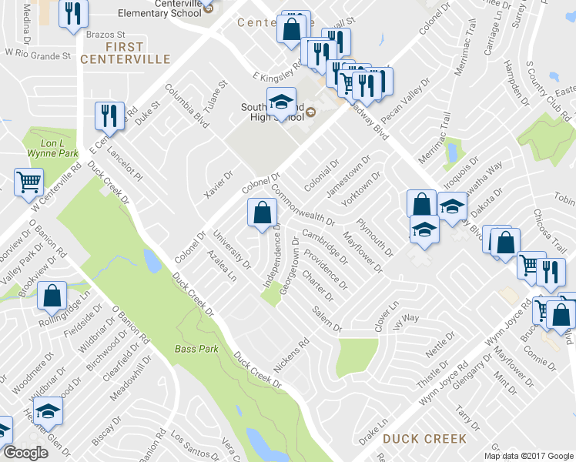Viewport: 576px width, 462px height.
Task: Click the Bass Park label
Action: pyautogui.click(x=197, y=349)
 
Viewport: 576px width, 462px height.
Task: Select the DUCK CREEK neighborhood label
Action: pyautogui.click(x=424, y=439)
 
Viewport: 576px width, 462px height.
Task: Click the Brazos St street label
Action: pyautogui.click(x=105, y=35)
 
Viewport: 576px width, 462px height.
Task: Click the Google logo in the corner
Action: pyautogui.click(x=25, y=454)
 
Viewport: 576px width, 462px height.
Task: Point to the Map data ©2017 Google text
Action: pyautogui.click(x=528, y=456)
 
